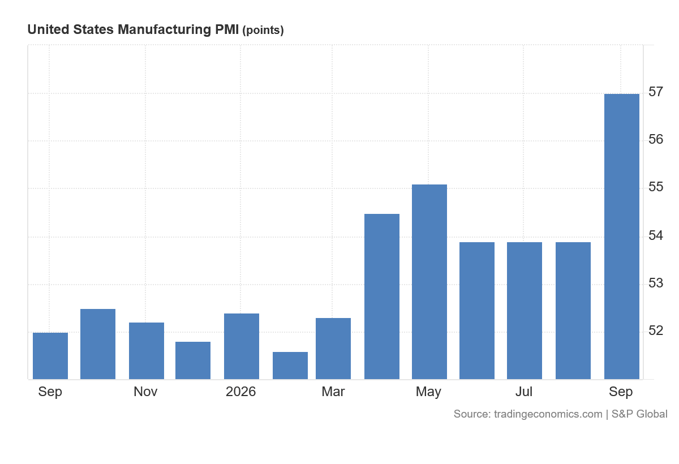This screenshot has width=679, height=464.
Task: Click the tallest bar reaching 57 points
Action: pos(622,237)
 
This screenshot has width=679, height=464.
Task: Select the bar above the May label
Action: pos(429,282)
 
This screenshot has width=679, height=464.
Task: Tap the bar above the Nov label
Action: pos(147,351)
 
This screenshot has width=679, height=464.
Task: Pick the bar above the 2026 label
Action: pos(242,346)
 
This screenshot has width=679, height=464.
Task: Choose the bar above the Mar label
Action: pos(333,349)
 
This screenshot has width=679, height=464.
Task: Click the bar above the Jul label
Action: pos(525,311)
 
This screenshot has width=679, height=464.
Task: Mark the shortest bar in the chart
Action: pos(290,366)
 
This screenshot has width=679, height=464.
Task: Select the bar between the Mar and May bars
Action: pos(382,297)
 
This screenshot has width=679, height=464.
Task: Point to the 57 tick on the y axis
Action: pos(656,92)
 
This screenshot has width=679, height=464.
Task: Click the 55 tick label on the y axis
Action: pos(656,187)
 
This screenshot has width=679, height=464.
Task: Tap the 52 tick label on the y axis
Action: pos(656,330)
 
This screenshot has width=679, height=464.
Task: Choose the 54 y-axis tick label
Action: pos(656,235)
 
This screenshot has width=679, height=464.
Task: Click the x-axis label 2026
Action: pos(240,392)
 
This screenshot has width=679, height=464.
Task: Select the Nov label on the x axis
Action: pos(145,392)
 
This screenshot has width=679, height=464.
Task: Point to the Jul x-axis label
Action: pos(524,392)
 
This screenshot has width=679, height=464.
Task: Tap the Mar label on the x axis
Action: pos(333,392)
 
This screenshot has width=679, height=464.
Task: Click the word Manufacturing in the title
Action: pos(164,29)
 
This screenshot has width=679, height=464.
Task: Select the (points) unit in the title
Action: pos(263,31)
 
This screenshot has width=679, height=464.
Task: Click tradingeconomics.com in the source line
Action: pos(548,414)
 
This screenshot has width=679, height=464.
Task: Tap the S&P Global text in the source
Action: pos(639,414)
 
